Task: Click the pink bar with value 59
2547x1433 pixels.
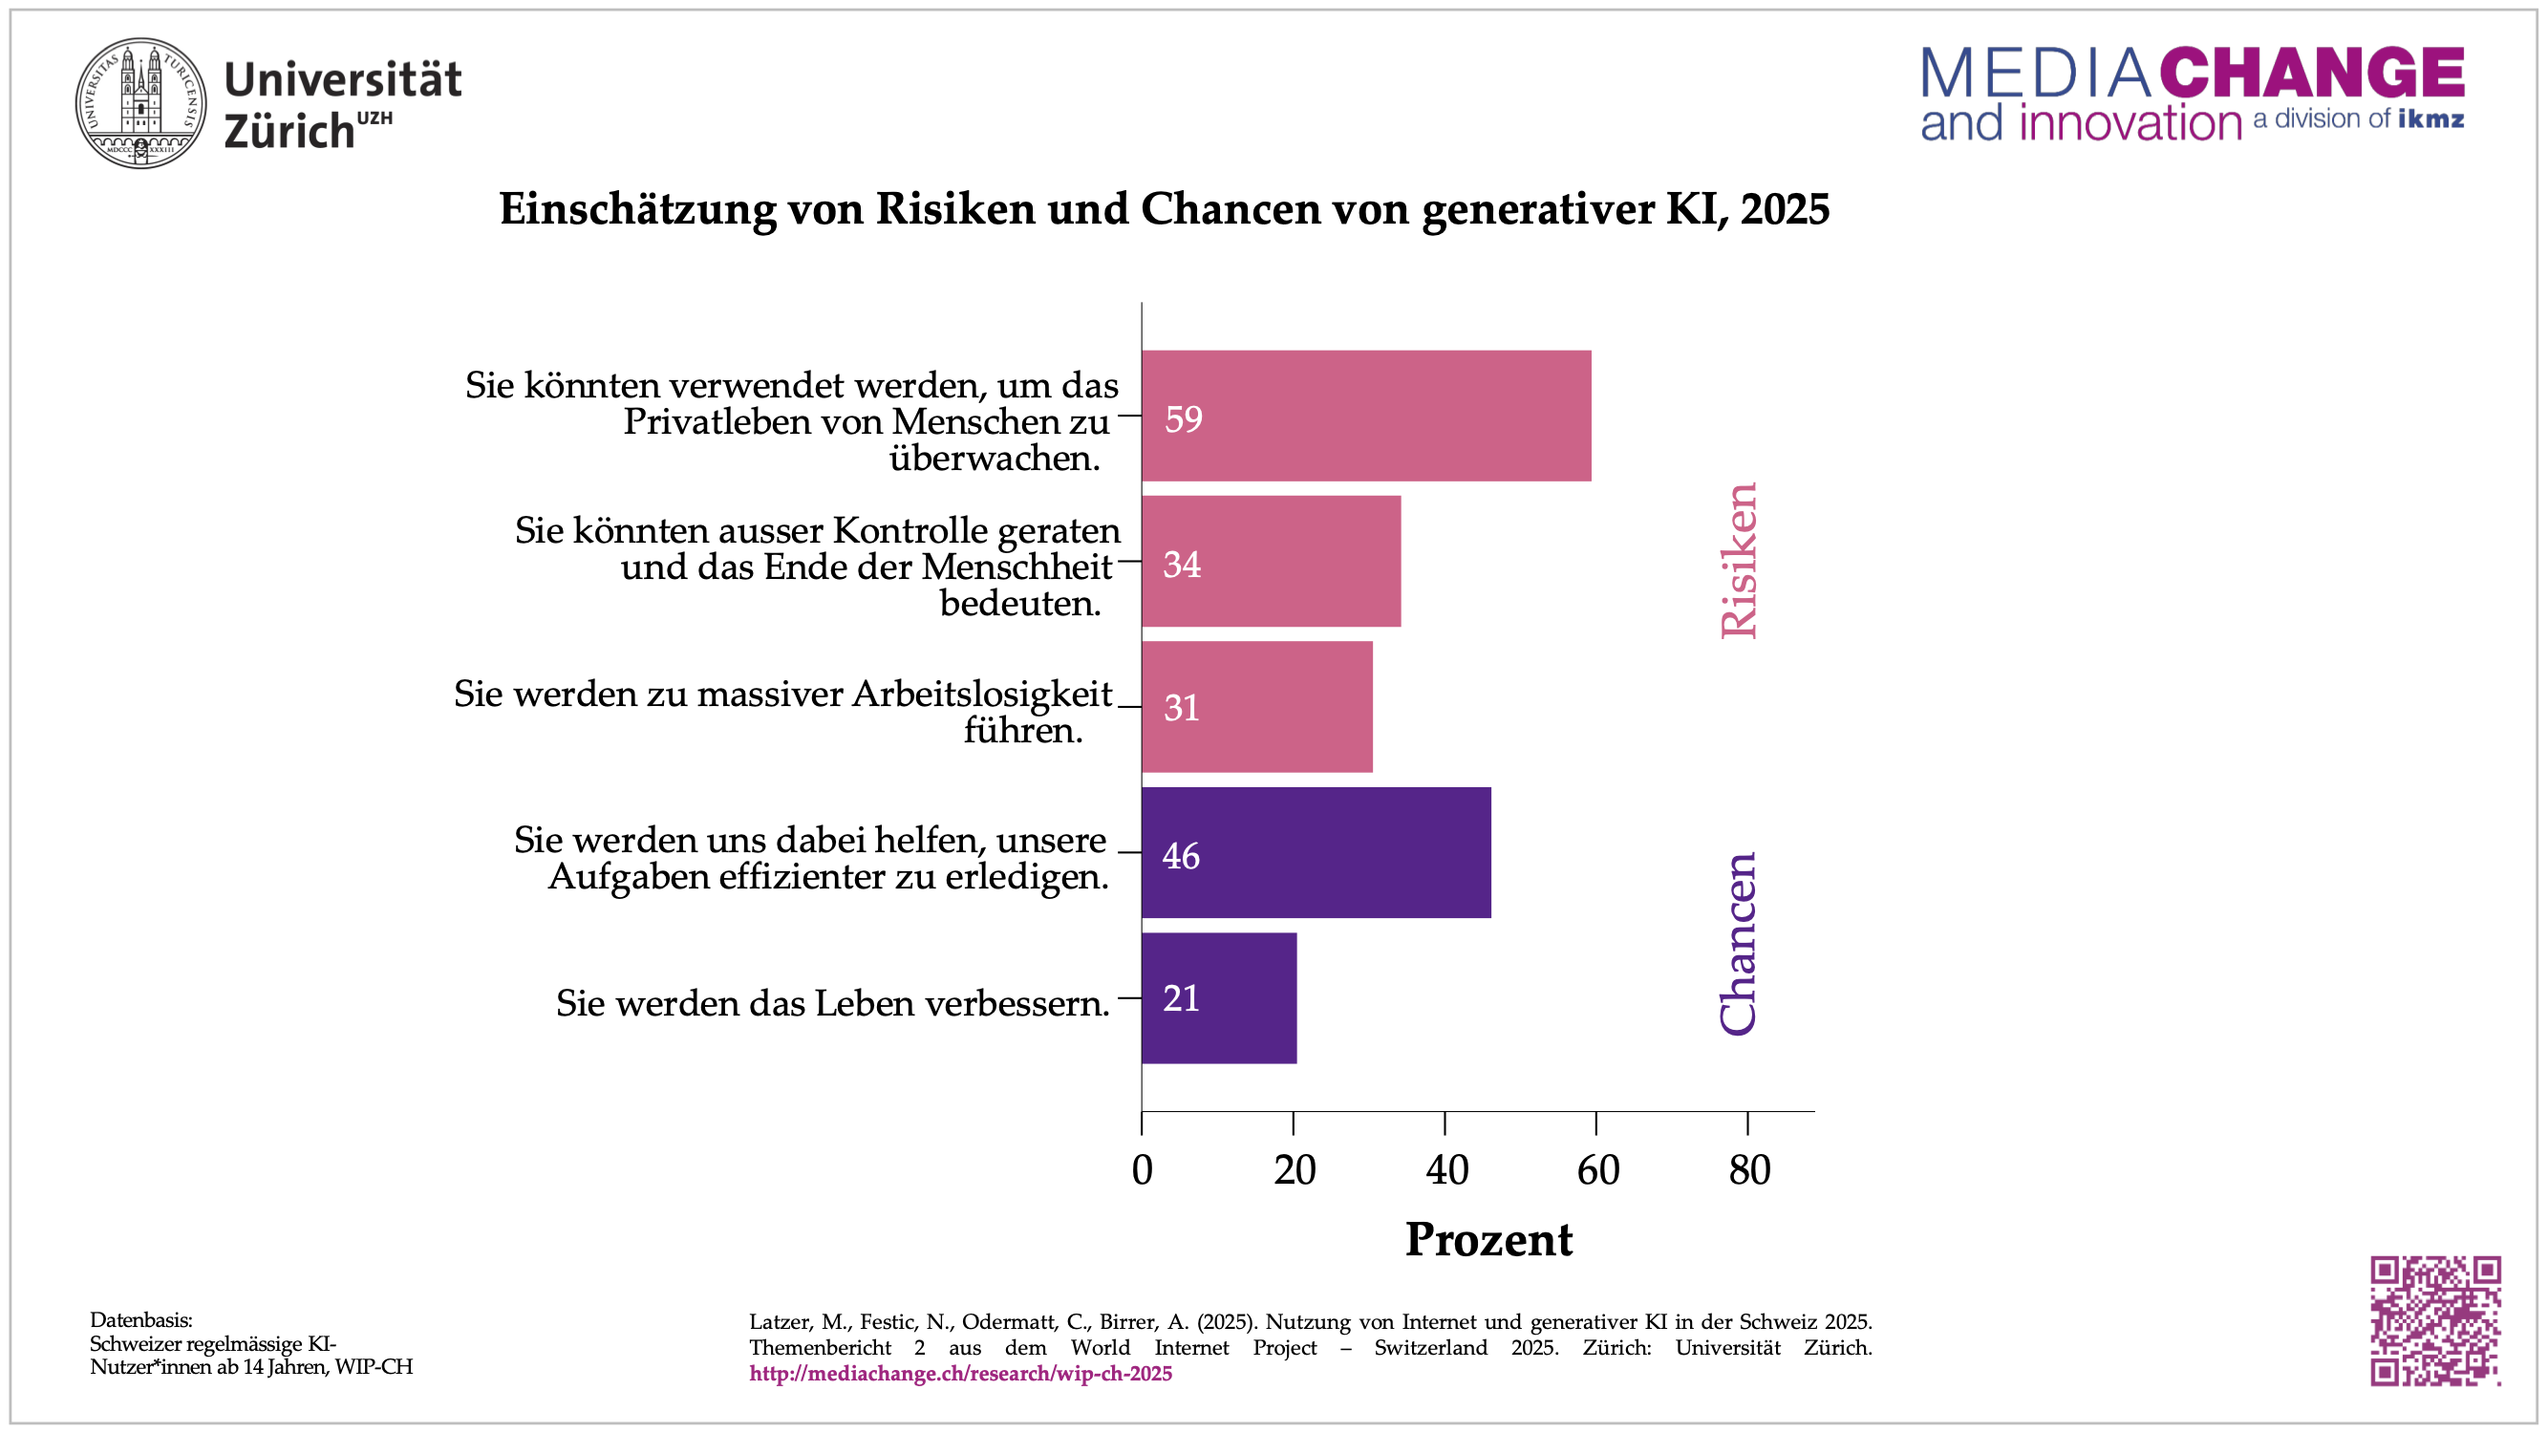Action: pyautogui.click(x=1365, y=416)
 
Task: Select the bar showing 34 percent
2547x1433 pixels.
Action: pyautogui.click(x=1271, y=561)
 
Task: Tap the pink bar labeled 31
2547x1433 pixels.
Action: pyautogui.click(x=1256, y=706)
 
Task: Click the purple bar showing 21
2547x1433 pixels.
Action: pyautogui.click(x=1218, y=998)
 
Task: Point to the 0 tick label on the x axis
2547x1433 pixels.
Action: pyautogui.click(x=1142, y=1170)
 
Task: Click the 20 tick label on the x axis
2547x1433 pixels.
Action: pyautogui.click(x=1295, y=1170)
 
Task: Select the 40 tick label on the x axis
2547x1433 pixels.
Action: pyautogui.click(x=1446, y=1170)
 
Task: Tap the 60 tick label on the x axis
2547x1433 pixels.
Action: pyautogui.click(x=1597, y=1170)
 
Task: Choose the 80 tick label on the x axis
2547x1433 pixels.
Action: pyautogui.click(x=1749, y=1170)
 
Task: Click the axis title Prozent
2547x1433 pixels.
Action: pyautogui.click(x=1488, y=1240)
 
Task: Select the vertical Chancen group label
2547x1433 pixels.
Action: pyautogui.click(x=1738, y=944)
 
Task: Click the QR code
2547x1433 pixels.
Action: pyautogui.click(x=2435, y=1320)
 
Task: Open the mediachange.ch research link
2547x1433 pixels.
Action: pyautogui.click(x=960, y=1374)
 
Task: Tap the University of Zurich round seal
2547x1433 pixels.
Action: pyautogui.click(x=141, y=103)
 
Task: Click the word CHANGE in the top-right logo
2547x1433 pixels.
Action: pyautogui.click(x=2312, y=73)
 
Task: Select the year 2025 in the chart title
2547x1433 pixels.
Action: pyautogui.click(x=1785, y=208)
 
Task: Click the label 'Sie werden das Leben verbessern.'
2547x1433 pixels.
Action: pyautogui.click(x=832, y=1003)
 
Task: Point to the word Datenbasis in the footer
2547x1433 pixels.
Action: pyautogui.click(x=140, y=1319)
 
